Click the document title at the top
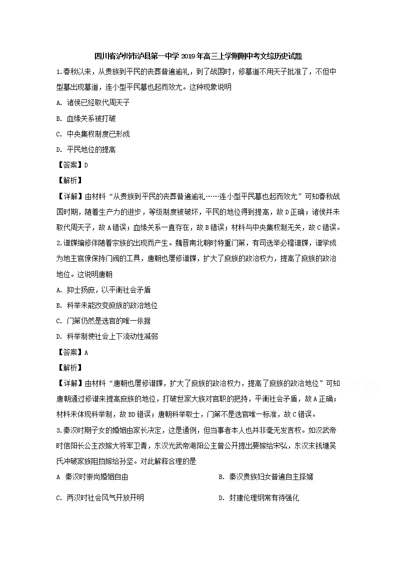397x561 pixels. coord(198,56)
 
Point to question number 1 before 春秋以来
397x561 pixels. coord(58,71)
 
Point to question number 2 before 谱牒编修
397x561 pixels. coord(58,243)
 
